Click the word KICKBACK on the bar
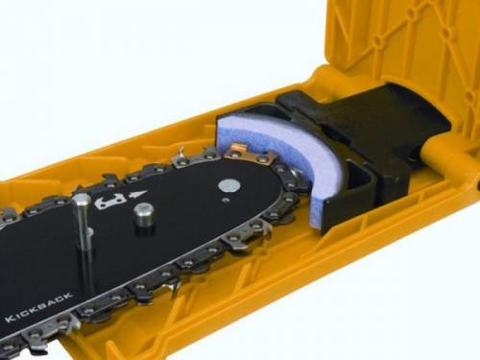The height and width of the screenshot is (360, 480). click(38, 306)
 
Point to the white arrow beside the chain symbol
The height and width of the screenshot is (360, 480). click(136, 195)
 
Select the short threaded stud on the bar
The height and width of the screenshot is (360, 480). click(144, 219)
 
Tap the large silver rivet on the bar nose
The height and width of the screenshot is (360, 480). click(228, 185)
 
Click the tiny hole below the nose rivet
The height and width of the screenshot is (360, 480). click(226, 200)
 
